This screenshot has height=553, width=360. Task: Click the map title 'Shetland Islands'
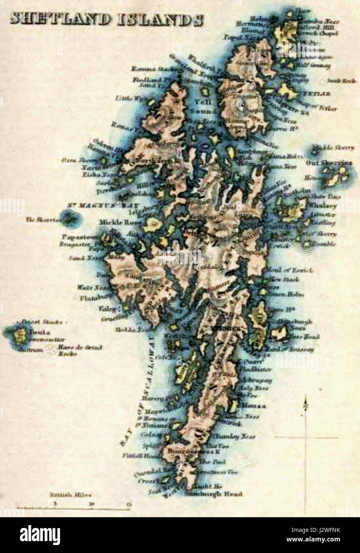(x=107, y=20)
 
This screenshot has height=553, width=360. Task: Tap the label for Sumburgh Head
(x=214, y=495)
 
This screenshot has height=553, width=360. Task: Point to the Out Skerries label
(x=329, y=163)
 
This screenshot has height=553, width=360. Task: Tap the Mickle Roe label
(x=114, y=222)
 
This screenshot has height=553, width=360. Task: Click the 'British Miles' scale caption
(x=70, y=495)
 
